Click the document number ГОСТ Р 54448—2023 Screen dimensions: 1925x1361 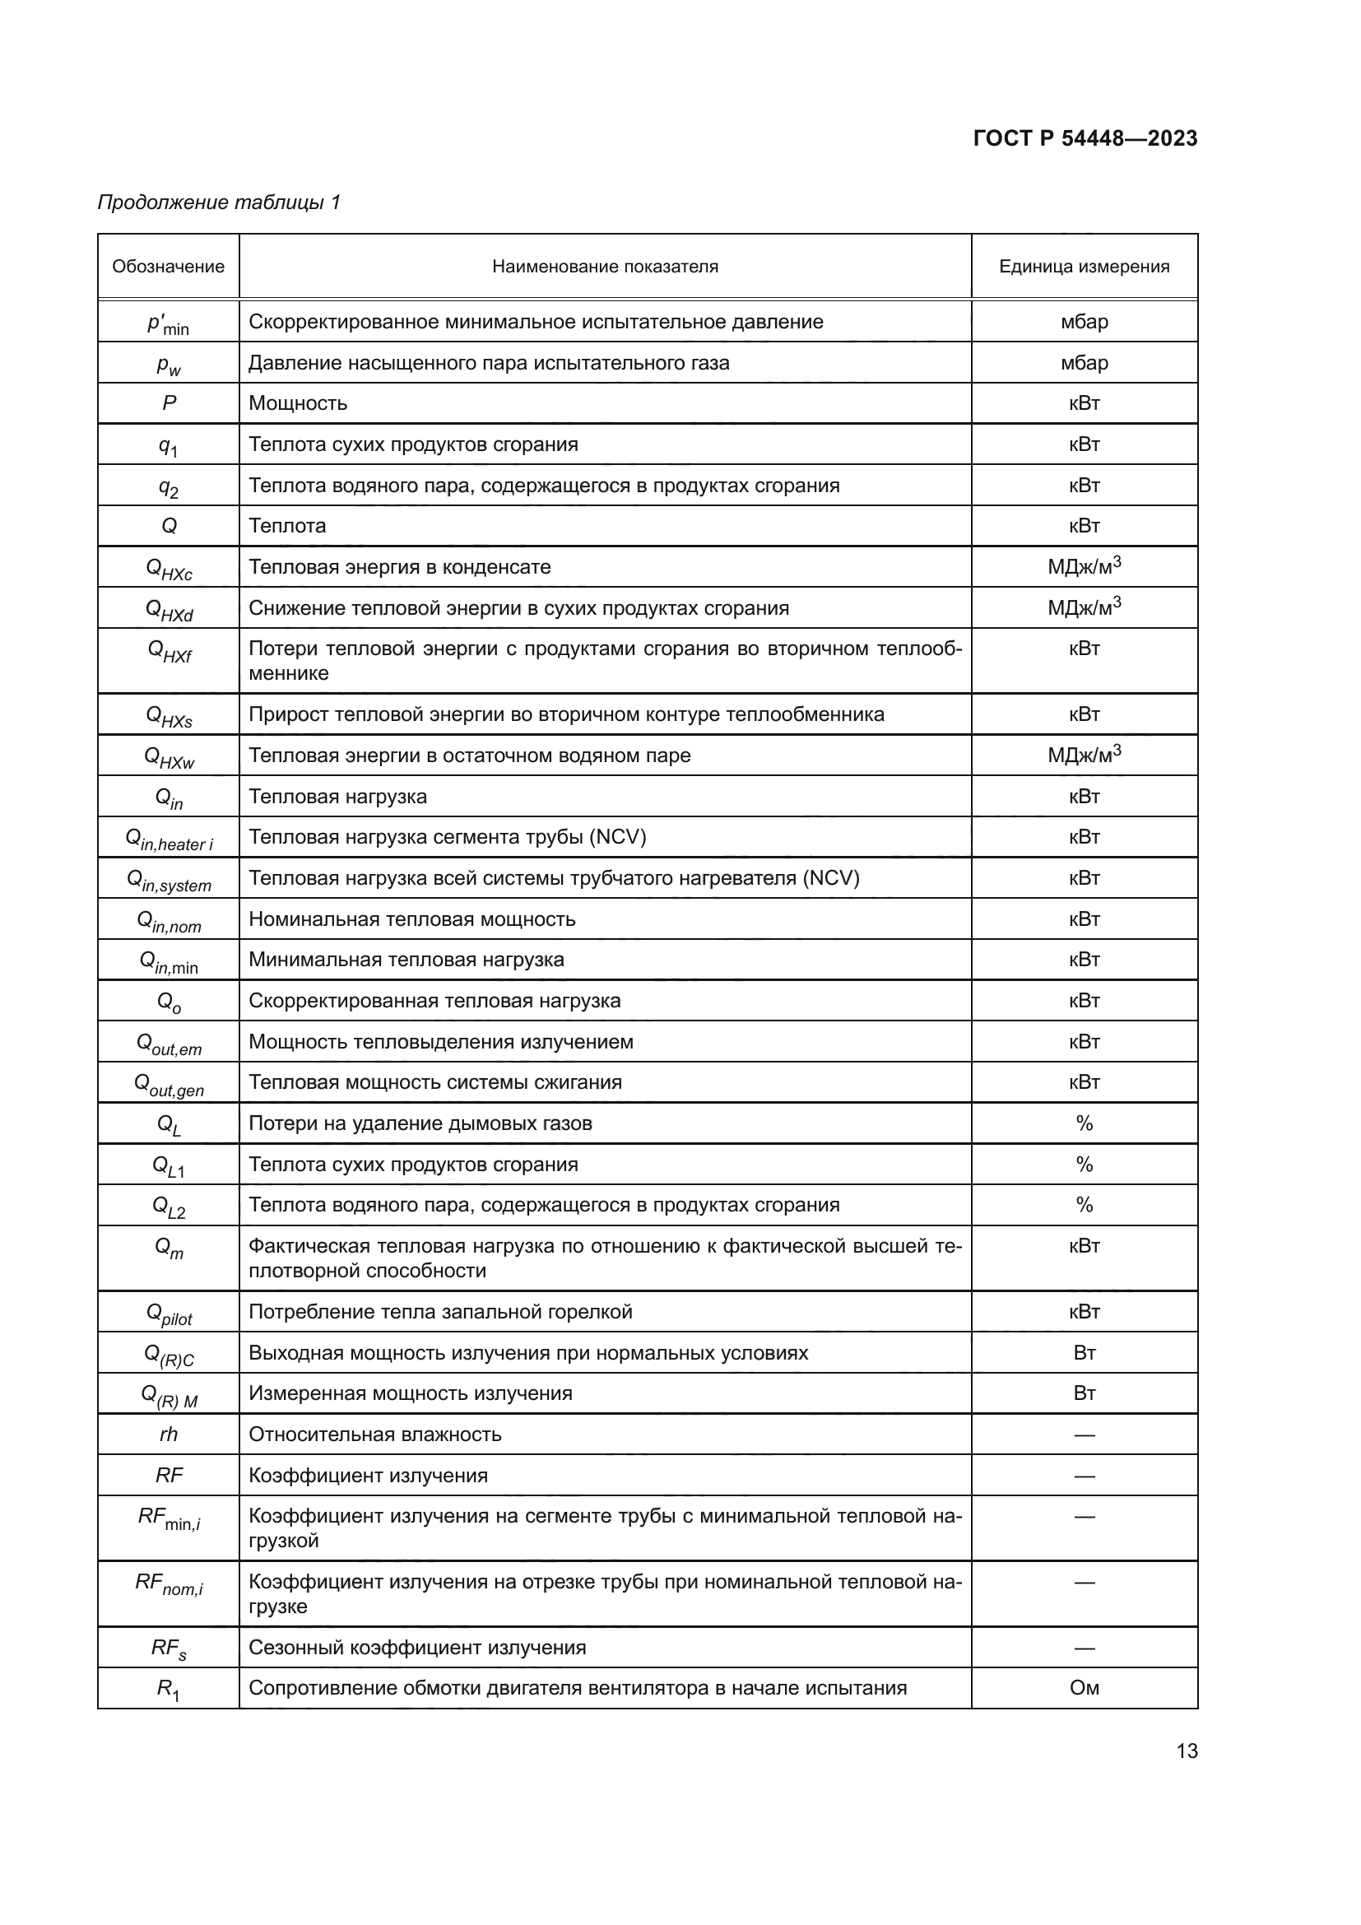(1085, 138)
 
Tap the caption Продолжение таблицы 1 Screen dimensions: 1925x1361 (219, 202)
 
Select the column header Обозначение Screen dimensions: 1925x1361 (169, 267)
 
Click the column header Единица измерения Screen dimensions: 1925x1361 (1084, 267)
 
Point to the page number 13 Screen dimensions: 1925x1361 (1187, 1751)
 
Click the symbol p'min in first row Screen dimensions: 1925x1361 (169, 323)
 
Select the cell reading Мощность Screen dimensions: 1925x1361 (298, 403)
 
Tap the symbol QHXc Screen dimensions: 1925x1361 (169, 570)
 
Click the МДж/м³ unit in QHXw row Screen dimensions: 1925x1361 (1084, 755)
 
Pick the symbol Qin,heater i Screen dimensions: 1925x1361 (169, 839)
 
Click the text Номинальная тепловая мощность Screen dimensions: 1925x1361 (411, 919)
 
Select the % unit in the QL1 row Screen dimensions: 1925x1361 (1084, 1165)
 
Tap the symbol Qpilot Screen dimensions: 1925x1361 (169, 1314)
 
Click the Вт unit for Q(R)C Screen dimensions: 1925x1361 (1084, 1353)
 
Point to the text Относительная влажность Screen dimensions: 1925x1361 (374, 1434)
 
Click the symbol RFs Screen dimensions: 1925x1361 (169, 1648)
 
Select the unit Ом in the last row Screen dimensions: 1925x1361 (1084, 1688)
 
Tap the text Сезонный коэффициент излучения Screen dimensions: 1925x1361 (416, 1648)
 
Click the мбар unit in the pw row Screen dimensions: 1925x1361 (1084, 363)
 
